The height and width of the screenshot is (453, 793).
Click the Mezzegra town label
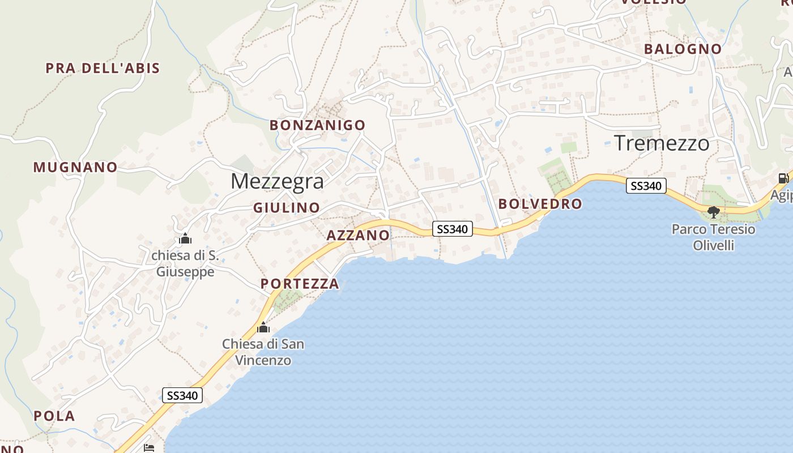(x=277, y=181)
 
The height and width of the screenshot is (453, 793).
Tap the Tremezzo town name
(x=661, y=143)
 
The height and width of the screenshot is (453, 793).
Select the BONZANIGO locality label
(x=317, y=125)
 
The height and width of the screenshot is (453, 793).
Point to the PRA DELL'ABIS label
(x=103, y=69)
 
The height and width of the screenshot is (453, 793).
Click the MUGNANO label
(x=75, y=167)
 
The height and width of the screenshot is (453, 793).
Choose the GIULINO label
(x=287, y=208)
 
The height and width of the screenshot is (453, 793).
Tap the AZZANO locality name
(x=358, y=236)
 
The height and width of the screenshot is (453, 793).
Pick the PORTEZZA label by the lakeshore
(x=300, y=284)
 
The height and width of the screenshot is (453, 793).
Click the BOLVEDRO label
(x=540, y=204)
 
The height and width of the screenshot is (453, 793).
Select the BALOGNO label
(x=683, y=49)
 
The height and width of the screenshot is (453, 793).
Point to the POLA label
(x=54, y=416)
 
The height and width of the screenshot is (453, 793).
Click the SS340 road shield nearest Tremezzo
(x=646, y=185)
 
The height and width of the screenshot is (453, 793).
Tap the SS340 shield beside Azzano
(x=453, y=229)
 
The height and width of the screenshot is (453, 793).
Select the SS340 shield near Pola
(x=182, y=395)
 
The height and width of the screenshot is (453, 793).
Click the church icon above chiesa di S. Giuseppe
(x=185, y=239)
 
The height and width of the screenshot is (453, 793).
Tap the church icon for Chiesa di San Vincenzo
(x=263, y=327)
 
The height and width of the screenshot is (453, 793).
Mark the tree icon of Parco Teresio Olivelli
(x=714, y=212)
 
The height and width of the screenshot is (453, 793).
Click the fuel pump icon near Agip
(x=783, y=178)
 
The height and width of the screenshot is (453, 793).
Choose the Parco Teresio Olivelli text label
(x=713, y=237)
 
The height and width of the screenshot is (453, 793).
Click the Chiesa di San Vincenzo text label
(x=263, y=352)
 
